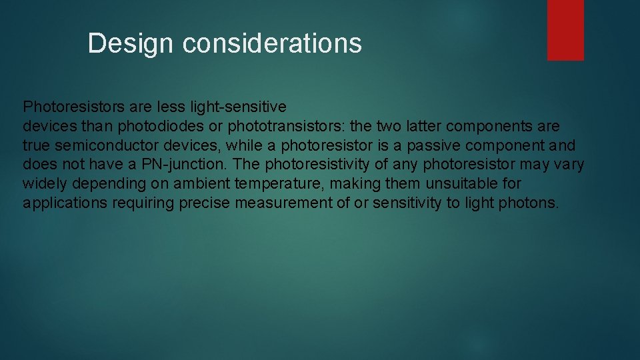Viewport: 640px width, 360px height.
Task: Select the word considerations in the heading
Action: [272, 44]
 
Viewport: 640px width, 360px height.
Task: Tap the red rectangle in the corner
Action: [565, 30]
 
